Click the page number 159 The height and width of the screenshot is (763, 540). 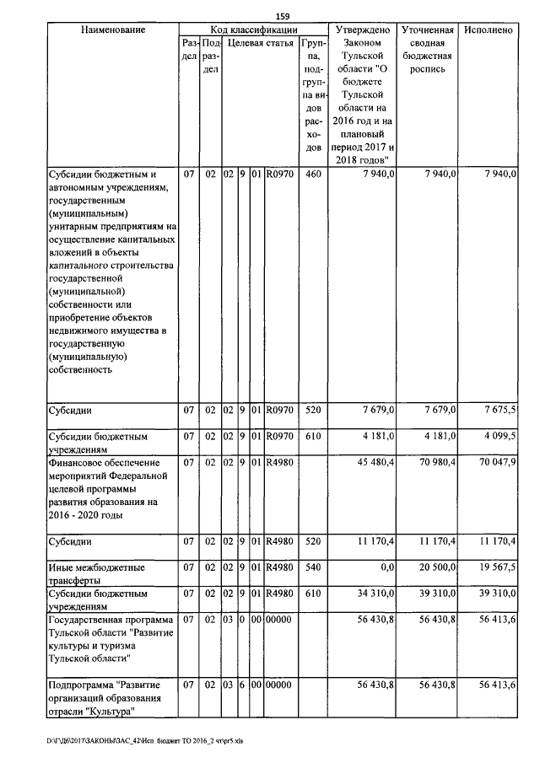point(283,16)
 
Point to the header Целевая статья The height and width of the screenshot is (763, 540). point(261,42)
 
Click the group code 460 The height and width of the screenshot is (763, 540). point(313,174)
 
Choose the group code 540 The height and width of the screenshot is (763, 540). point(313,567)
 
